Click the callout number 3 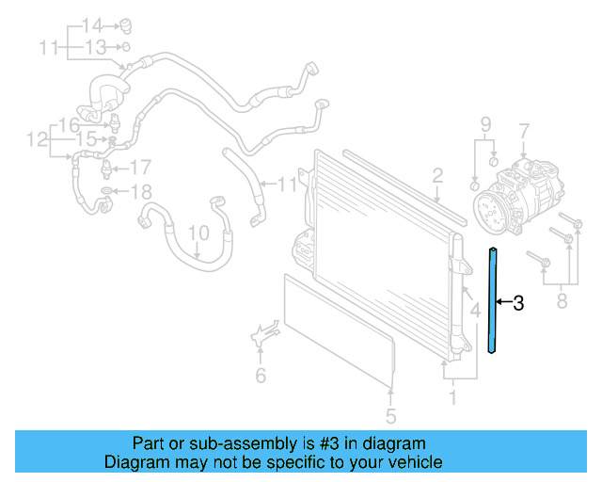click(517, 303)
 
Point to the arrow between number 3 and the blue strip click(503, 302)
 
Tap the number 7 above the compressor click(524, 131)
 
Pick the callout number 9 click(486, 124)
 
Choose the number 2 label click(437, 175)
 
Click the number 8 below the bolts click(562, 302)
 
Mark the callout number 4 click(476, 308)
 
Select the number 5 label click(391, 415)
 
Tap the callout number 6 click(261, 377)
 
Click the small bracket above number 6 click(262, 333)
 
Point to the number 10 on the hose click(198, 232)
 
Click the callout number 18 click(139, 193)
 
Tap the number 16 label click(69, 125)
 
